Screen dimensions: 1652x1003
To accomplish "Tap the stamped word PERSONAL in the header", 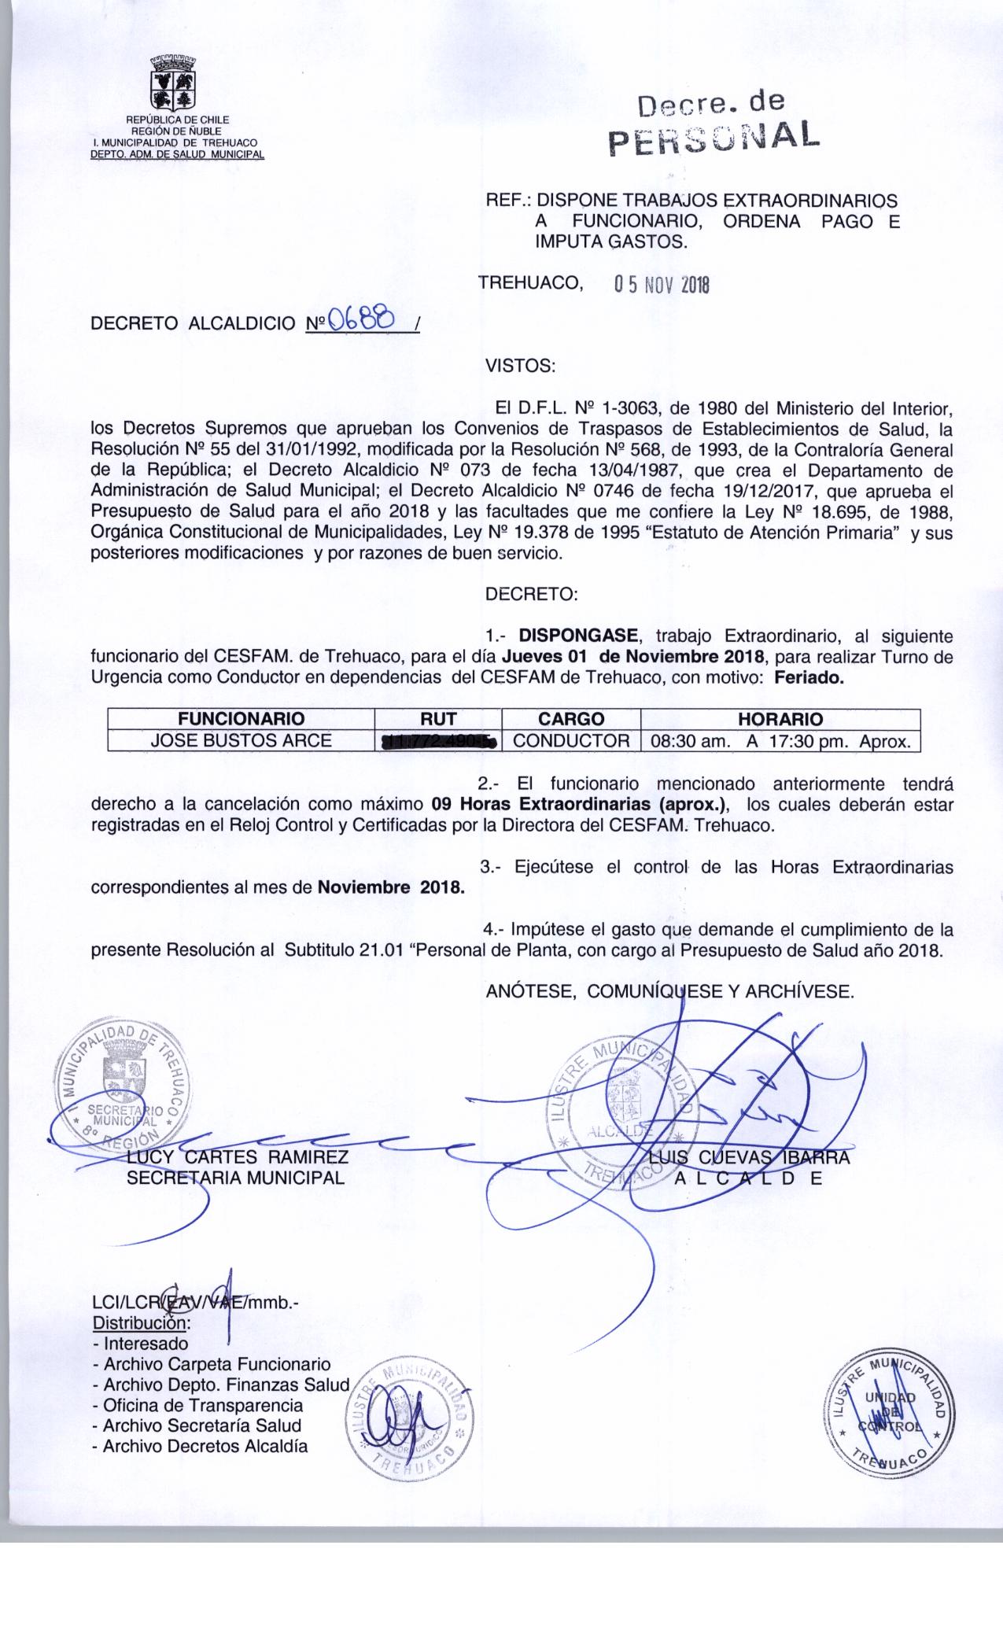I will [714, 139].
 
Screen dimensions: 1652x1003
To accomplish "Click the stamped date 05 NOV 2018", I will [661, 284].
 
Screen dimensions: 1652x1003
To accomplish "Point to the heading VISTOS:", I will [521, 366].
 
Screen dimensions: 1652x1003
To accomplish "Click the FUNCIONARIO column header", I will [241, 718].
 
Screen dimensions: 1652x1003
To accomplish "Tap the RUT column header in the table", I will [438, 718].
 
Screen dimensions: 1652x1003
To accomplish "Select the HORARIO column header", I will [780, 718].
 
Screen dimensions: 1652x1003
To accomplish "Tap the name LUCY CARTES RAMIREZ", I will [238, 1157].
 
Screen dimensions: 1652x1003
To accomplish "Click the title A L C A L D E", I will [748, 1178].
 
